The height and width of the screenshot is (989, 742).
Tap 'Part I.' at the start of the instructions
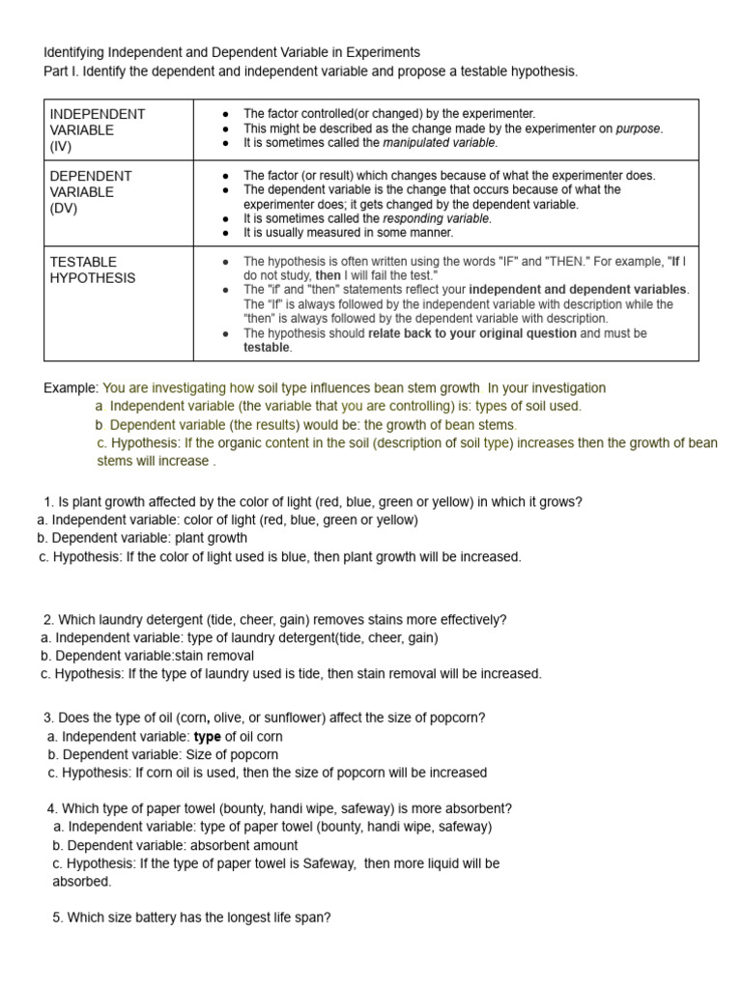64,72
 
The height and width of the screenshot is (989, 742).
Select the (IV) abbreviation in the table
61,146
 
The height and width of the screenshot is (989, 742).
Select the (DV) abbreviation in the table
63,208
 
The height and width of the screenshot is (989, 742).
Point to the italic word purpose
639,128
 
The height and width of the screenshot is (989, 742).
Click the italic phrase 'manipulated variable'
440,143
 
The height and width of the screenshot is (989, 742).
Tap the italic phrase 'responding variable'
437,218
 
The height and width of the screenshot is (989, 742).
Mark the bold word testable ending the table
266,348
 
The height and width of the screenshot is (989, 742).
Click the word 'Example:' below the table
71,388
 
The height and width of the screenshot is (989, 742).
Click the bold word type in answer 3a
209,737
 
